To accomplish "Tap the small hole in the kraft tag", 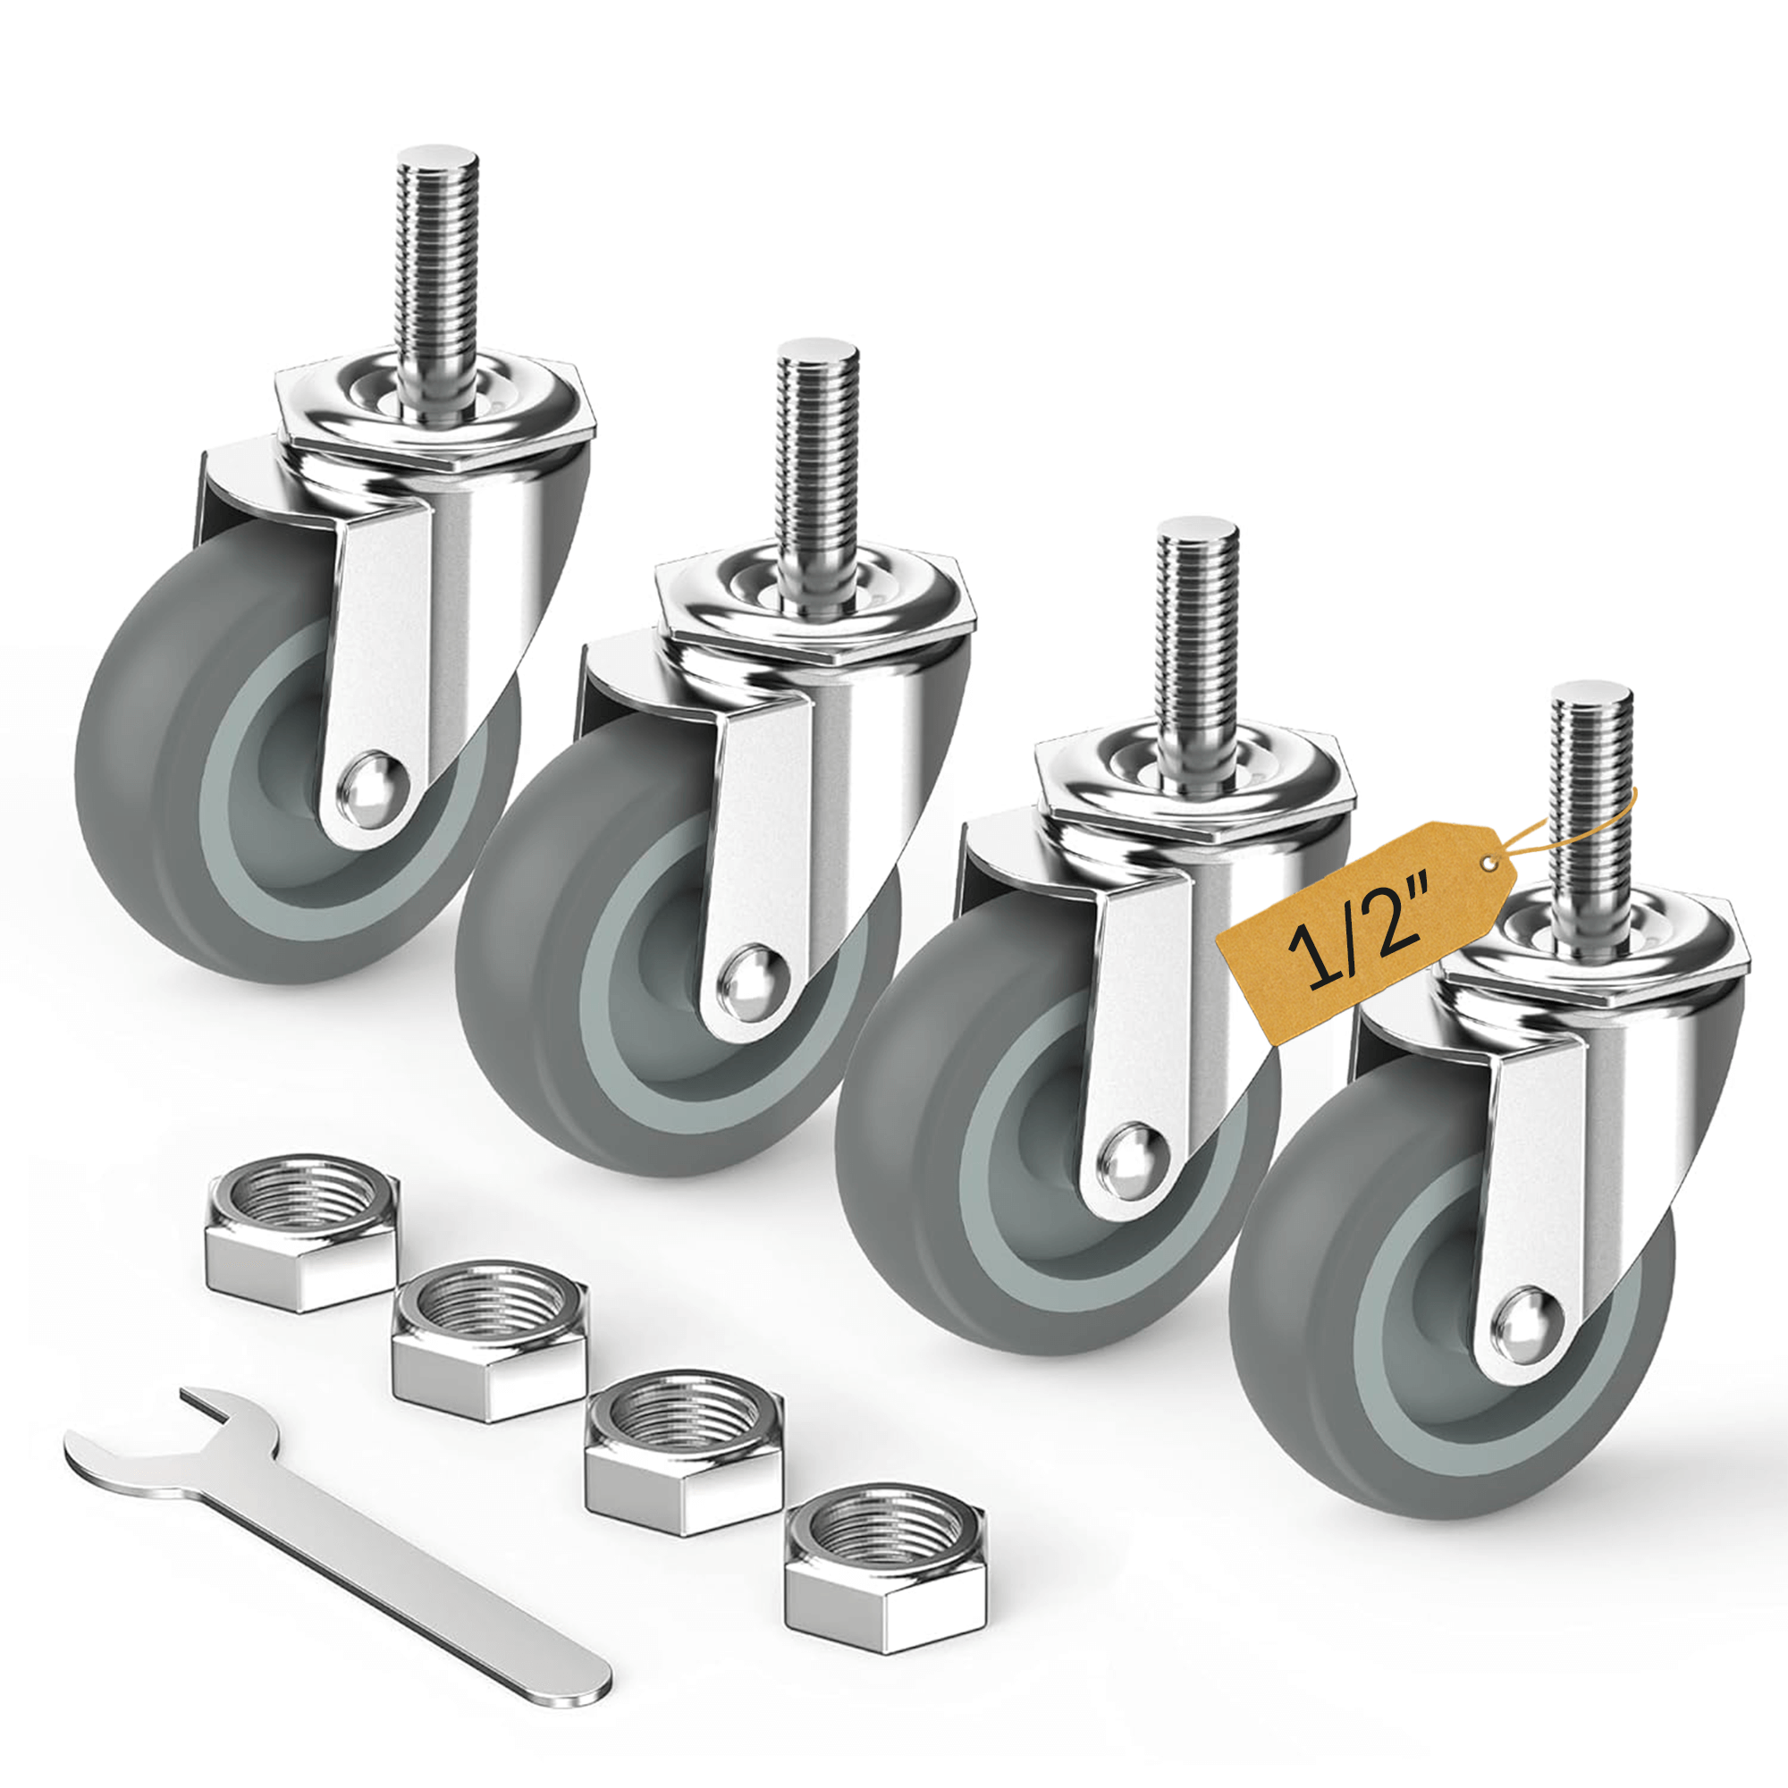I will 1487,864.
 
